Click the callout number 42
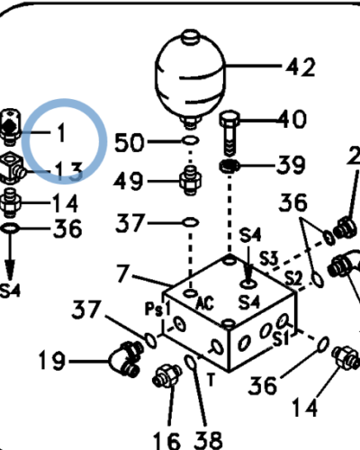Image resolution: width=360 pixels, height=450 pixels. [x=301, y=67]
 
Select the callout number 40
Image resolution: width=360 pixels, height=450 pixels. [x=292, y=120]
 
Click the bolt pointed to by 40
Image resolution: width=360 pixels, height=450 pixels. [x=229, y=133]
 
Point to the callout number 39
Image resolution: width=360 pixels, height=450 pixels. [x=291, y=165]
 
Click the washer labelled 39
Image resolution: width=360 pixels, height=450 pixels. [x=229, y=166]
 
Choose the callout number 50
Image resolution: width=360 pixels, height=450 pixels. [x=130, y=142]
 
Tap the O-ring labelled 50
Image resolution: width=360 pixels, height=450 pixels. [x=191, y=140]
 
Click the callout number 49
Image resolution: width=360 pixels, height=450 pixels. [x=129, y=181]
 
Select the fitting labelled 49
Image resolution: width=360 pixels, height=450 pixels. [x=190, y=180]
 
